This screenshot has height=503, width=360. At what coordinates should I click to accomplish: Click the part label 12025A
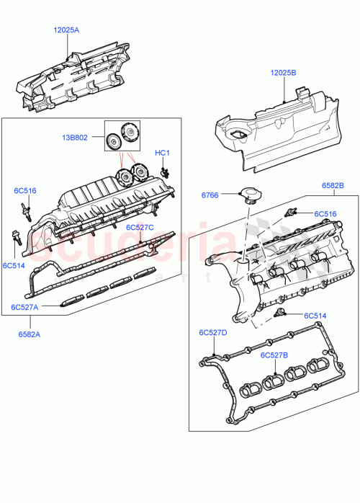click(x=66, y=30)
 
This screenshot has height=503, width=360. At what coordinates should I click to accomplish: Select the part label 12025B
click(x=285, y=73)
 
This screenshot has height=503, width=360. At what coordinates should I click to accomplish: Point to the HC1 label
click(x=163, y=153)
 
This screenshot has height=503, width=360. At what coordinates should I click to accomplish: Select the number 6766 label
click(x=210, y=195)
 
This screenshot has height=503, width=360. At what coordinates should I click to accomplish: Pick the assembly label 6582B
click(x=332, y=186)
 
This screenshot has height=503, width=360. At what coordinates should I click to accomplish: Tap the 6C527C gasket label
click(x=140, y=227)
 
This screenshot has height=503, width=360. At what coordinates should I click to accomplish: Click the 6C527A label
click(x=25, y=307)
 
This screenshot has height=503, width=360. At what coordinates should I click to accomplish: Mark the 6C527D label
click(x=213, y=333)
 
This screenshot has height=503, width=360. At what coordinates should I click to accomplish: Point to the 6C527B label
click(x=274, y=355)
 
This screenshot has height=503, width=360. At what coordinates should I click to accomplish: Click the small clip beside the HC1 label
click(x=166, y=171)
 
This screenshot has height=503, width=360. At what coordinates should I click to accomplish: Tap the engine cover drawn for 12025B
click(x=277, y=133)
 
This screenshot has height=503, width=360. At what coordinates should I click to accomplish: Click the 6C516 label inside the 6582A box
click(x=24, y=191)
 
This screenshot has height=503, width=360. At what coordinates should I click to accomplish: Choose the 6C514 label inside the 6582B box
click(x=315, y=316)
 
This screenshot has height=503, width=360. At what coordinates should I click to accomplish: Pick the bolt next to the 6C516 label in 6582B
click(x=292, y=213)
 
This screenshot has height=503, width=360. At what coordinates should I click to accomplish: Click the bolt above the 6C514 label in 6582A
click(x=15, y=236)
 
